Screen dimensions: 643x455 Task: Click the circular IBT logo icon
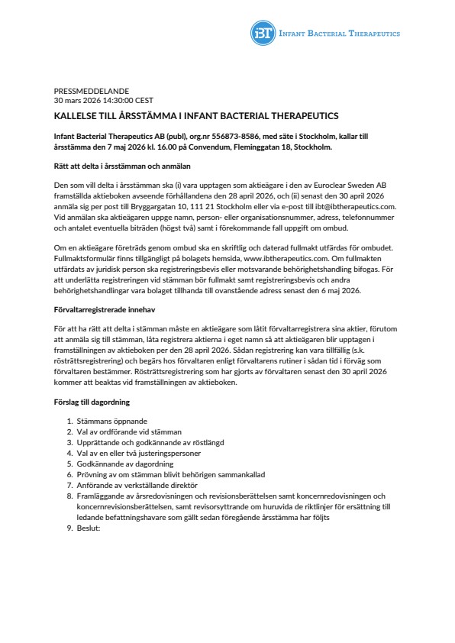pos(262,33)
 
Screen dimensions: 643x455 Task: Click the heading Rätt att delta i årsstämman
pos(122,166)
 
